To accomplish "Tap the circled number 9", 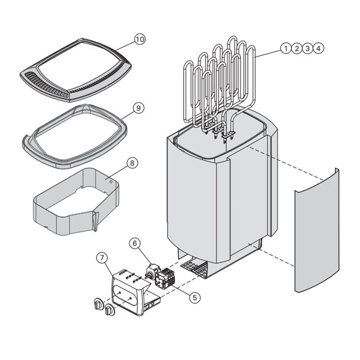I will pyautogui.click(x=138, y=108).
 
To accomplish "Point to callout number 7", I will pyautogui.click(x=102, y=257).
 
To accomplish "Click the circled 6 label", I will pyautogui.click(x=135, y=243).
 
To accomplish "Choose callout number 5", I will pyautogui.click(x=194, y=298).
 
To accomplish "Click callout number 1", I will pyautogui.click(x=286, y=48).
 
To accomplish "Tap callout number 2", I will pyautogui.click(x=297, y=48).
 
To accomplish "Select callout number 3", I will pyautogui.click(x=308, y=48).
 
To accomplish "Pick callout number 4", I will pyautogui.click(x=319, y=48).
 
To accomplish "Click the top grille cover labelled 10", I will pyautogui.click(x=77, y=72).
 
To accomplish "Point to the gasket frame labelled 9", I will pyautogui.click(x=34, y=144).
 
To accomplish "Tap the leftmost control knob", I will pyautogui.click(x=98, y=304).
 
